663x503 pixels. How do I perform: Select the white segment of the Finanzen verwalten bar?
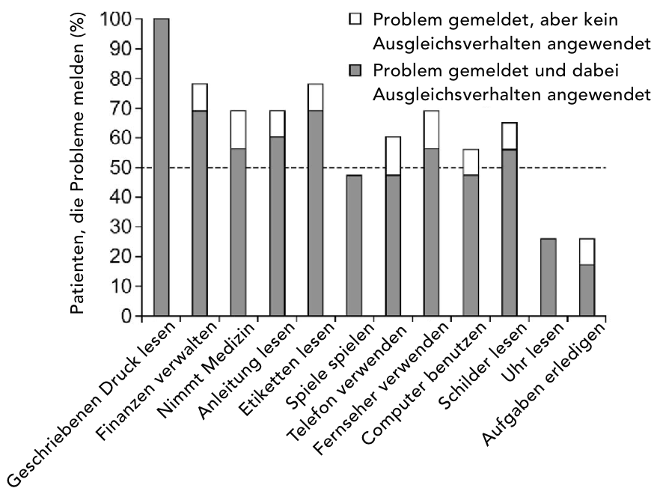click(200, 97)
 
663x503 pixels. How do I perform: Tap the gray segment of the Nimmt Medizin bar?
click(238, 232)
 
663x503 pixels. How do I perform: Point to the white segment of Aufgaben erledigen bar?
click(586, 251)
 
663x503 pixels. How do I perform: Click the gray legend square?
click(355, 71)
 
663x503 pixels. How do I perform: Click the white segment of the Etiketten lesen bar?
click(315, 97)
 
